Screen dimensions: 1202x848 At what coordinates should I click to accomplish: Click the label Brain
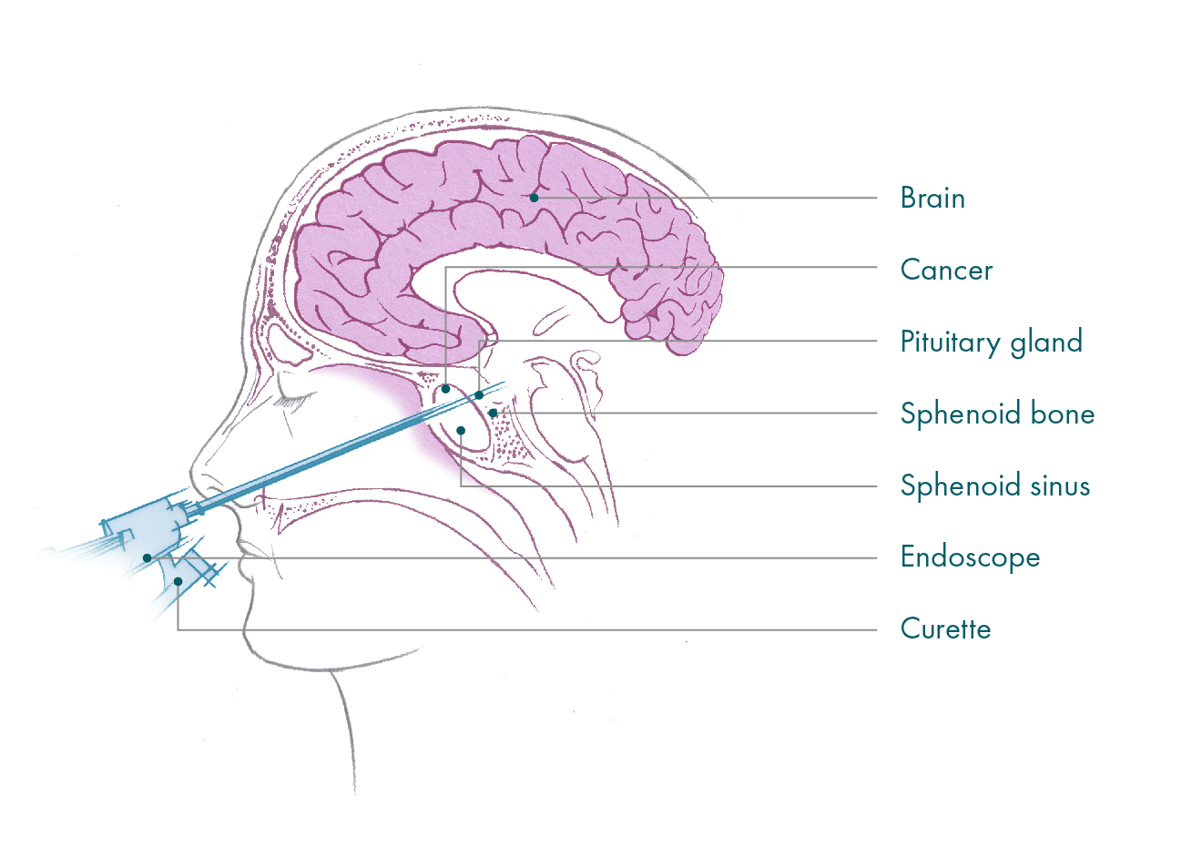[x=932, y=198]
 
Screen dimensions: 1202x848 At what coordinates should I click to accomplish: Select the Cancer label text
[x=947, y=270]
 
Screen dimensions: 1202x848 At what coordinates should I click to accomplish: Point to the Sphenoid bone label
[x=997, y=414]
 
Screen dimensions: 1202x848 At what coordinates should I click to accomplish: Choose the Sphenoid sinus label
[x=995, y=486]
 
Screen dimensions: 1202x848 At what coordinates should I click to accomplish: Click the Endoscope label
[x=970, y=557]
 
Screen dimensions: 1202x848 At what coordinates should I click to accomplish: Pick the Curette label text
[x=945, y=628]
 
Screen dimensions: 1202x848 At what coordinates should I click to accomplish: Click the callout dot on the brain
[x=534, y=198]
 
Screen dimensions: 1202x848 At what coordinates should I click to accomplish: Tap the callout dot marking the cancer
[x=445, y=389]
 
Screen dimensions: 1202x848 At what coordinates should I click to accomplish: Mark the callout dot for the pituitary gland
[x=479, y=395]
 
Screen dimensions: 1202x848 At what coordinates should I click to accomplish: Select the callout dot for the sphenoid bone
[x=494, y=414]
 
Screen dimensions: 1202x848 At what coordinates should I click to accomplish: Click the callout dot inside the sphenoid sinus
[x=461, y=431]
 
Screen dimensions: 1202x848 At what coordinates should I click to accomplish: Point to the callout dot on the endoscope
[x=147, y=558]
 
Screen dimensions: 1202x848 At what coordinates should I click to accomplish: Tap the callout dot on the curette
[x=178, y=581]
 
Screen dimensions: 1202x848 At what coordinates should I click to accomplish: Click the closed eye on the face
[x=293, y=400]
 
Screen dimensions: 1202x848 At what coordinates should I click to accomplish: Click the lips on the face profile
[x=242, y=558]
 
